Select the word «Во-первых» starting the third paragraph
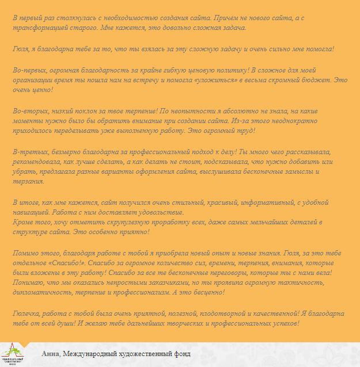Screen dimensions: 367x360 29,70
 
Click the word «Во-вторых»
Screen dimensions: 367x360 29,110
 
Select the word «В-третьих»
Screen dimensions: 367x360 29,151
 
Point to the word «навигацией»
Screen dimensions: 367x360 32,212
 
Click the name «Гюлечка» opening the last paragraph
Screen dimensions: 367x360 28,314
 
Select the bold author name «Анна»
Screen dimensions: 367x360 51,353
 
